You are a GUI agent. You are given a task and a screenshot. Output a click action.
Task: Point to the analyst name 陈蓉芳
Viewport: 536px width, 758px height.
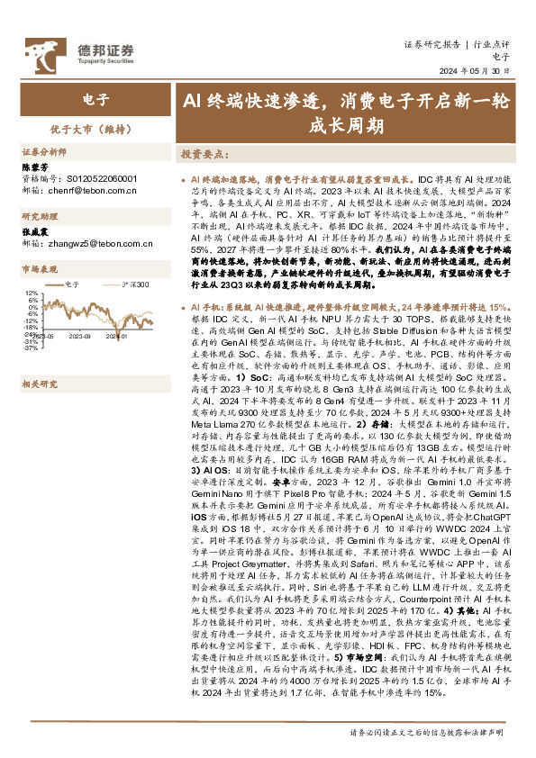coord(36,167)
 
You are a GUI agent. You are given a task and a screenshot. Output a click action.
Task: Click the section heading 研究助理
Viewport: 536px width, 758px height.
coord(39,216)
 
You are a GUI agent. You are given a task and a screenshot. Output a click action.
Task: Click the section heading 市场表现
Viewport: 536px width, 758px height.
coord(39,268)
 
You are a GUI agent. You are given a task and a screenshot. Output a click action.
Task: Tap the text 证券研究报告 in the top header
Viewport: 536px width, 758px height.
coord(432,43)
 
